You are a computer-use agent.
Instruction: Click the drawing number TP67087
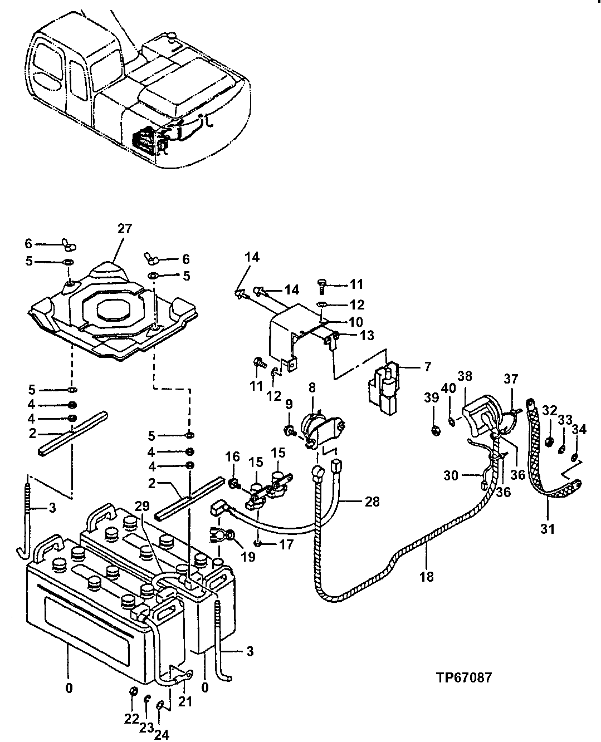point(464,678)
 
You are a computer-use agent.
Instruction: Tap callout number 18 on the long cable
point(427,577)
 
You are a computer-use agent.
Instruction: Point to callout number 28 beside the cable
point(372,502)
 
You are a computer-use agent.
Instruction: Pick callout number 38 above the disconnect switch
point(465,376)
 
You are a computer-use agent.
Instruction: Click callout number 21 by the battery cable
point(184,701)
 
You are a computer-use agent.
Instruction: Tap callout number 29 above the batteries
point(142,505)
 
